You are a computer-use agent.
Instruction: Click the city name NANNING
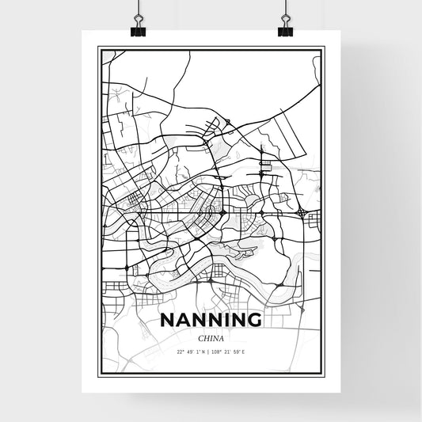point(211,319)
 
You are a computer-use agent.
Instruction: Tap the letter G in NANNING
point(253,319)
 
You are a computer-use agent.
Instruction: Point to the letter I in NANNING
point(221,319)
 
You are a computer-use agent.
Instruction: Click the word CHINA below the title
point(211,335)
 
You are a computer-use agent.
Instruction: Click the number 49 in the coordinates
point(192,351)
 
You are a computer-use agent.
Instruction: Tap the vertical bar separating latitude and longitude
point(211,351)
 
